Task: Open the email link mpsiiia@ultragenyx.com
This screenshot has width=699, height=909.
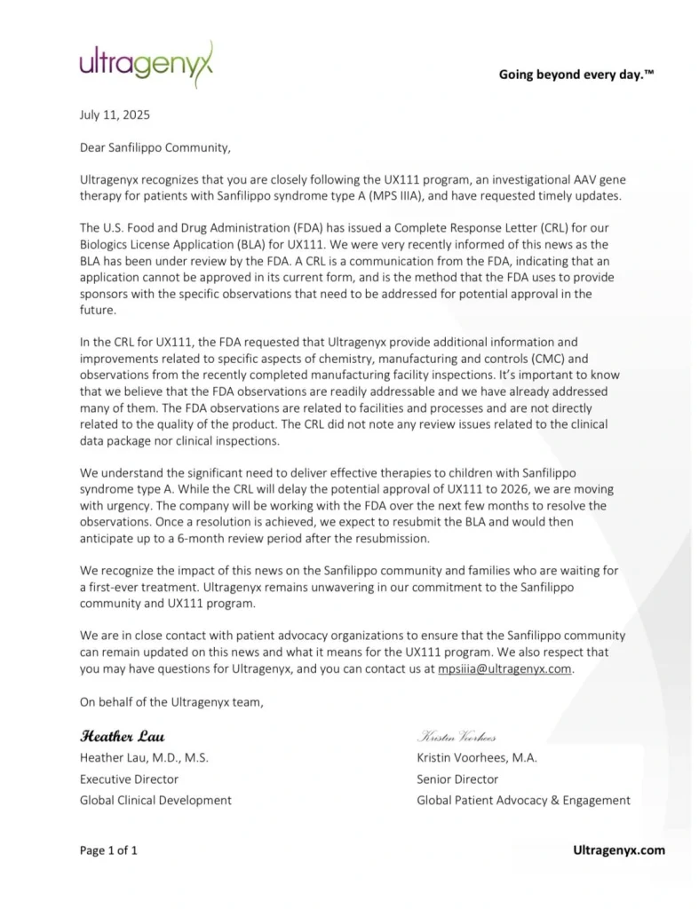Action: tap(504, 669)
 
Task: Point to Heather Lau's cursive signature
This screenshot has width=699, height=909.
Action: tap(123, 736)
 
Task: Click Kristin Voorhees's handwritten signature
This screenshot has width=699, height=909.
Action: tap(457, 737)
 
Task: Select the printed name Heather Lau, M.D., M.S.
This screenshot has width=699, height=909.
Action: tap(144, 757)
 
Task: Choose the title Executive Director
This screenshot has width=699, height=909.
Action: tap(129, 779)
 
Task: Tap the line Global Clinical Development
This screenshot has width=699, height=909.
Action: tap(155, 800)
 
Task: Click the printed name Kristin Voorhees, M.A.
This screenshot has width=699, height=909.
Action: tap(477, 757)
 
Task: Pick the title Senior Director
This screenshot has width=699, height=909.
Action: tap(457, 779)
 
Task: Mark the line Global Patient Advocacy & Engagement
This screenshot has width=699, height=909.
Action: tap(523, 800)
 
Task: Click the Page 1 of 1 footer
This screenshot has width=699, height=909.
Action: tap(108, 850)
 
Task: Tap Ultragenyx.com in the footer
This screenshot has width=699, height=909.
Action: tap(619, 850)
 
